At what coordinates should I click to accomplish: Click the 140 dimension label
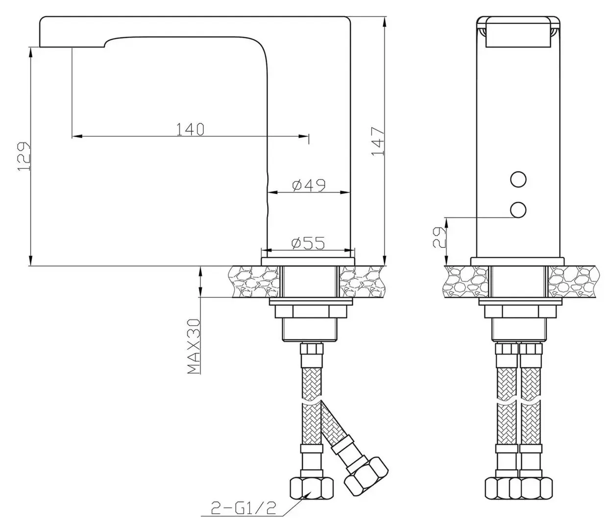(x=190, y=129)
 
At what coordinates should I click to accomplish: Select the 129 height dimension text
(x=24, y=157)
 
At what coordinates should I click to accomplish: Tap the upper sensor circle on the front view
(x=517, y=180)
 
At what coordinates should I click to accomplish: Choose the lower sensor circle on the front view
(x=517, y=210)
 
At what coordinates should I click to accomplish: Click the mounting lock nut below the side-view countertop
(x=310, y=312)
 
